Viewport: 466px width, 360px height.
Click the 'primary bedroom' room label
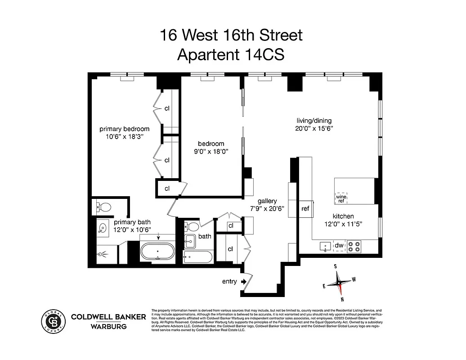tap(124, 129)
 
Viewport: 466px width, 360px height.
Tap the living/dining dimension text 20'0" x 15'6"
tap(314, 128)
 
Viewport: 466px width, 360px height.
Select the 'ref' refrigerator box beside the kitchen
tap(305, 209)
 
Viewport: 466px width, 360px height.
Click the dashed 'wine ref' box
tap(341, 197)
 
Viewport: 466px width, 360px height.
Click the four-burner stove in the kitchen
tap(355, 246)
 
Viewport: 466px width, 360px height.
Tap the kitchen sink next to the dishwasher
tap(324, 246)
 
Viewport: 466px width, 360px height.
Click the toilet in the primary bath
tap(104, 207)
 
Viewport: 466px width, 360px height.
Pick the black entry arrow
tap(244, 282)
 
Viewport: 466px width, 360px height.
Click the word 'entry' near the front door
tap(229, 282)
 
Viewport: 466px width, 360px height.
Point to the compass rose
tap(339, 283)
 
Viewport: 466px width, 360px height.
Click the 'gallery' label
tap(267, 201)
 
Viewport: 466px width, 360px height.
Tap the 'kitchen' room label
tap(343, 216)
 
